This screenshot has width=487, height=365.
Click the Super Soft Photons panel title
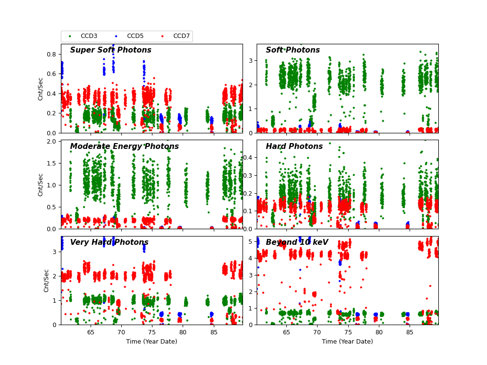pyautogui.click(x=111, y=50)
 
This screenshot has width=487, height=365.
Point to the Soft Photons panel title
pyautogui.click(x=293, y=50)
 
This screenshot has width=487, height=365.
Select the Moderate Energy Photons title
pyautogui.click(x=124, y=146)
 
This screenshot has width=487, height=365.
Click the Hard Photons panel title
pyautogui.click(x=294, y=146)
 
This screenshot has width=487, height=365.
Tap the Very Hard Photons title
pyautogui.click(x=109, y=242)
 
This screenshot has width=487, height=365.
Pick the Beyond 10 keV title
pyautogui.click(x=297, y=242)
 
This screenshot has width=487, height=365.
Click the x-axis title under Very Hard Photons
pyautogui.click(x=151, y=342)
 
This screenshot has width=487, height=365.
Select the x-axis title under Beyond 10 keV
pyautogui.click(x=347, y=342)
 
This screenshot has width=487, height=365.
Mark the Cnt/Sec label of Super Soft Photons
pyautogui.click(x=41, y=89)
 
